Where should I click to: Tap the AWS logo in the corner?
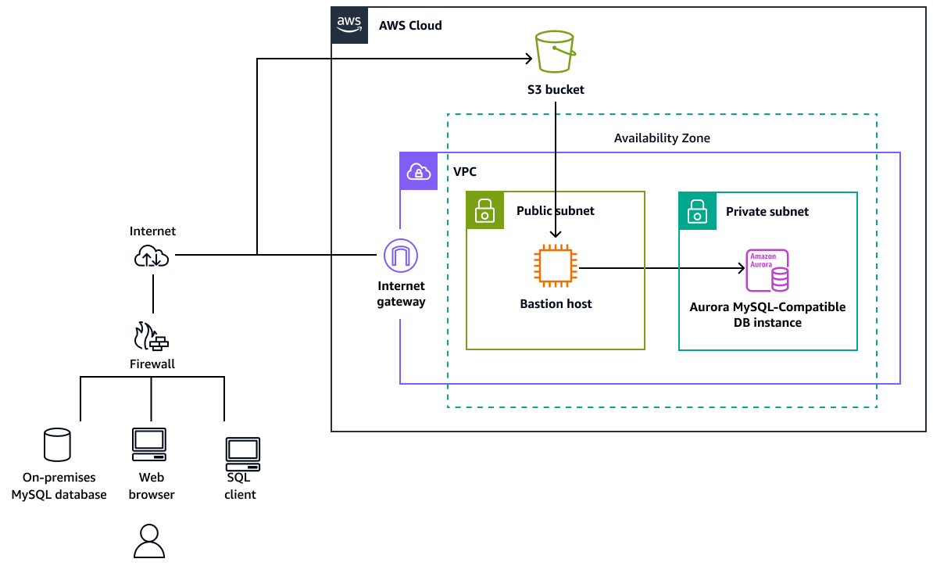(x=349, y=24)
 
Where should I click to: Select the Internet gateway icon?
(x=401, y=256)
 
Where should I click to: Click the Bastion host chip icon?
(x=556, y=269)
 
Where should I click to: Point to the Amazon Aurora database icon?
(x=767, y=270)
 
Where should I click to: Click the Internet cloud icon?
(x=152, y=256)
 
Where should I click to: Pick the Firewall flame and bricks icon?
(x=152, y=337)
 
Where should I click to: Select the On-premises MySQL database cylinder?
(x=57, y=445)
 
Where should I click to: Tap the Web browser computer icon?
(x=148, y=445)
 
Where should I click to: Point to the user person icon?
(x=149, y=541)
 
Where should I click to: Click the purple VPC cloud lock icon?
(x=419, y=171)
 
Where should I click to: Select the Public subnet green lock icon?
(x=485, y=210)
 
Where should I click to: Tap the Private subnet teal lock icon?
(x=698, y=210)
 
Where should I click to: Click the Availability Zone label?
(x=662, y=138)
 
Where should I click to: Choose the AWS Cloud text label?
(x=410, y=25)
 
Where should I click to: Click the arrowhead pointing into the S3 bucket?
(x=528, y=59)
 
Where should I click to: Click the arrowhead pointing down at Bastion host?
(x=556, y=233)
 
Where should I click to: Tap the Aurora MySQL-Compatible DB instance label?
(x=767, y=314)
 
